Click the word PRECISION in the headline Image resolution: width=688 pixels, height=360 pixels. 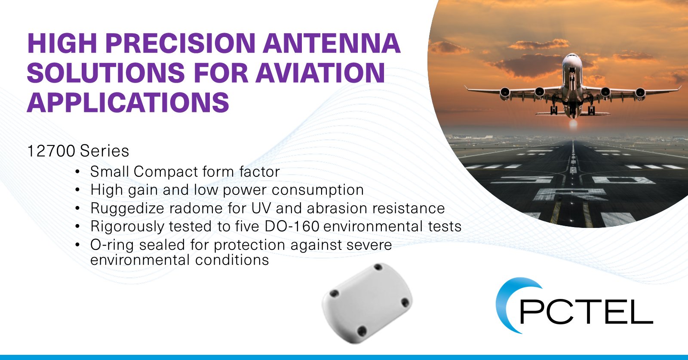point(181,43)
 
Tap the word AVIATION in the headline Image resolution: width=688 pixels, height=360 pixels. point(320,73)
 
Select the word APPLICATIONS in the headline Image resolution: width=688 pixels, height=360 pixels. point(128,102)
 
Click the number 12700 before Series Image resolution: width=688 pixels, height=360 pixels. point(51,151)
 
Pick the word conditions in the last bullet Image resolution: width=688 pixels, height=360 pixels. point(232,260)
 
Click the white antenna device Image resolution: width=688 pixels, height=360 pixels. point(367,303)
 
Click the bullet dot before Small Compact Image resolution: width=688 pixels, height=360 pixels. point(77,172)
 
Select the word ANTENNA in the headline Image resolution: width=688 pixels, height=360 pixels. point(332,43)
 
